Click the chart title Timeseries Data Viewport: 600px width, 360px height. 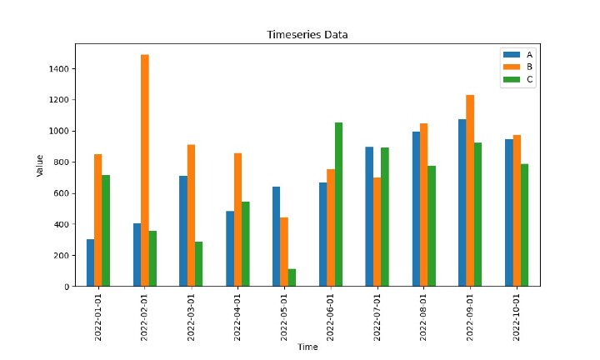[307, 35]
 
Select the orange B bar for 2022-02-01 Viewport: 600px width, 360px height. [145, 171]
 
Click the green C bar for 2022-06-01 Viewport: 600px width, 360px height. [338, 204]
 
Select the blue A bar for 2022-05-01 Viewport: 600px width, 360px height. [276, 237]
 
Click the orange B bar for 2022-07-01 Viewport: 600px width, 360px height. [377, 232]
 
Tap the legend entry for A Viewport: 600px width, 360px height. [517, 54]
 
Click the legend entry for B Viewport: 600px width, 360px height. [517, 67]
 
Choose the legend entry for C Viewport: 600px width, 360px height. [517, 79]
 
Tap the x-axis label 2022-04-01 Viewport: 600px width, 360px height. [238, 312]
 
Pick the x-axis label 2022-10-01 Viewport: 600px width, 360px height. [517, 312]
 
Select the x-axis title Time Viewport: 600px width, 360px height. [307, 347]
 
